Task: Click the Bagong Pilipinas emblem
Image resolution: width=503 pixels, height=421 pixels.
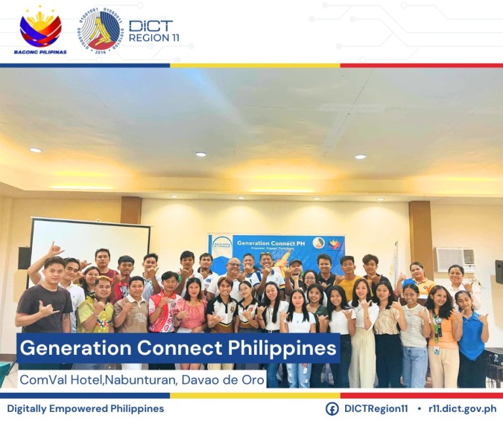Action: (x=40, y=29)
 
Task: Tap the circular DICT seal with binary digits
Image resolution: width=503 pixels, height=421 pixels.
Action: (x=100, y=30)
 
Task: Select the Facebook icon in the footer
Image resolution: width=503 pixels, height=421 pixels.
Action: (x=332, y=409)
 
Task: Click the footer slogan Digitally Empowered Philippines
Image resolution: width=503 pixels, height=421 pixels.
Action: (x=85, y=409)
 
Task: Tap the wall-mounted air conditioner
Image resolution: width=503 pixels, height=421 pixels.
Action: (x=455, y=259)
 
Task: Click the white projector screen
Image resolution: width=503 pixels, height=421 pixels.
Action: (x=89, y=242)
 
